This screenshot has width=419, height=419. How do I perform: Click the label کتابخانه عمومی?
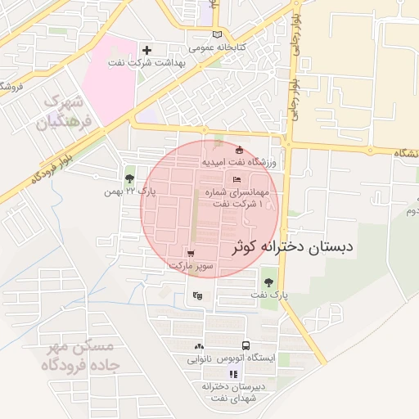tap(215, 47)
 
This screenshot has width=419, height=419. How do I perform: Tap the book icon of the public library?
tap(216, 34)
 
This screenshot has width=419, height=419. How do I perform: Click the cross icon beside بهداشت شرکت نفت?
tap(147, 51)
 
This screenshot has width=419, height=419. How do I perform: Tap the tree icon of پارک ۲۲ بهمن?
tap(129, 179)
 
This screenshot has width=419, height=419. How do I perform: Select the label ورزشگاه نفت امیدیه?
tap(241, 163)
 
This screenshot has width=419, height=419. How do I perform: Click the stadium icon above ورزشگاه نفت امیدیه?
tap(239, 151)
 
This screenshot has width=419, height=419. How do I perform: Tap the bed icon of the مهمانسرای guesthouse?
tap(237, 180)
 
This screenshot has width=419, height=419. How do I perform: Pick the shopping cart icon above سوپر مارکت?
tap(191, 254)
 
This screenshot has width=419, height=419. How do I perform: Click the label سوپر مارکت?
tap(191, 266)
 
